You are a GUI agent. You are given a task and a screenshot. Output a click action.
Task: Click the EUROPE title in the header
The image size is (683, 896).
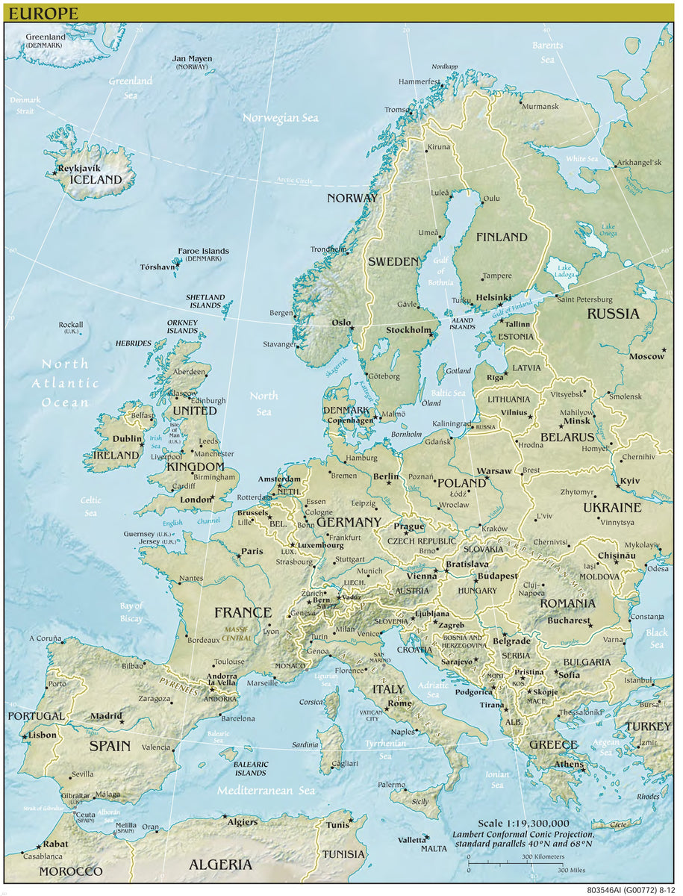click(43, 13)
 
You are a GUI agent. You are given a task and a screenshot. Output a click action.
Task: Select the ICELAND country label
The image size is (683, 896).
click(95, 180)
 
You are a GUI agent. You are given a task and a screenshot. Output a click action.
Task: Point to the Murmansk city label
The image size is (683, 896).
click(540, 107)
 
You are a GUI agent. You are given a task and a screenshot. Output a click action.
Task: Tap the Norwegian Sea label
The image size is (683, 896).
click(280, 118)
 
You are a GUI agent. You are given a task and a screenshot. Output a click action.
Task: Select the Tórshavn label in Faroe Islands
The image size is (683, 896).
click(158, 267)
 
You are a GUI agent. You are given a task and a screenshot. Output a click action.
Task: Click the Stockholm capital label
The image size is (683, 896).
click(408, 330)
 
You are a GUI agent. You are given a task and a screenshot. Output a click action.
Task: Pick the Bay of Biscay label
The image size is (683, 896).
click(131, 612)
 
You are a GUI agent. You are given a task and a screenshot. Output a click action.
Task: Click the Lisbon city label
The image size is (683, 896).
click(42, 735)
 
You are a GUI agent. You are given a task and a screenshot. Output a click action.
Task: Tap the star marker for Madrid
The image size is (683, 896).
click(122, 722)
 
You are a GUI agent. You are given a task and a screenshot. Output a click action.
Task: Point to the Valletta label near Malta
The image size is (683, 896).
click(412, 840)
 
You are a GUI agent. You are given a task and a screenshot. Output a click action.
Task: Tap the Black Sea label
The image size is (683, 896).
click(656, 638)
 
